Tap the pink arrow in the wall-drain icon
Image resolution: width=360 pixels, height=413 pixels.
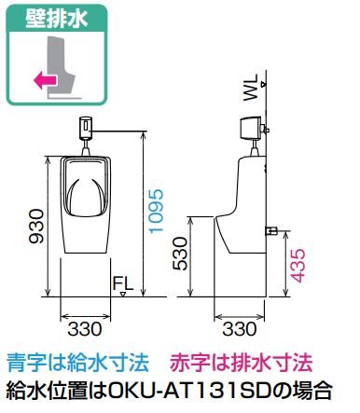coord(46,80)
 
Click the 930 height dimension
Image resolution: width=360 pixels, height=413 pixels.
coord(35,226)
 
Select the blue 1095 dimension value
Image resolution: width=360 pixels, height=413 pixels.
coord(156,211)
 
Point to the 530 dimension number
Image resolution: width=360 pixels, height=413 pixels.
coord(179,254)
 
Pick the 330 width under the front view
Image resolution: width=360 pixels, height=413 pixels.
coord(85,329)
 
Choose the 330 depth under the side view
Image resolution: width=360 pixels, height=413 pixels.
coord(240,329)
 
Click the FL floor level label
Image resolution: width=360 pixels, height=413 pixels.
coord(123,283)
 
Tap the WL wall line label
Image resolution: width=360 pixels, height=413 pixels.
coord(251,87)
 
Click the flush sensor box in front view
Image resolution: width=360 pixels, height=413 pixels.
coord(86,128)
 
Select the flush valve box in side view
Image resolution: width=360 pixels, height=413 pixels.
coord(250,128)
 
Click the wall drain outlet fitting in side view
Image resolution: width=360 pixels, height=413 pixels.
coord(271,230)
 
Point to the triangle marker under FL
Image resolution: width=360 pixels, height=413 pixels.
coord(123,294)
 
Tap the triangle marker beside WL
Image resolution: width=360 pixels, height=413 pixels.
coord(264,84)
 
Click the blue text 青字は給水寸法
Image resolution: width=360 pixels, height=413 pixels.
coord(78,363)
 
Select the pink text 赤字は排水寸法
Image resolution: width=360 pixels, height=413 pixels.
coord(241,363)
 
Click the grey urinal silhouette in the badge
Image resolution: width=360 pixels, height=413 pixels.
coord(61,64)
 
